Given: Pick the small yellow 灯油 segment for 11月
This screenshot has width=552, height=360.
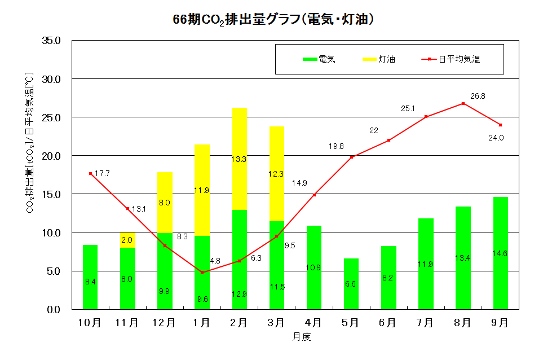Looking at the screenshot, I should click(127, 240).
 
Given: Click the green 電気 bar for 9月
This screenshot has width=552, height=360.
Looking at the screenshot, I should click(500, 254).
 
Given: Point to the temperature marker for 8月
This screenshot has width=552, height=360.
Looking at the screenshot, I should click(463, 103).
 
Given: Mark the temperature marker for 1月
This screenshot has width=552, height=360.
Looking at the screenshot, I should click(202, 272).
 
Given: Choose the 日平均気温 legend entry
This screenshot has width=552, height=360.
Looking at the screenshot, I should click(453, 59).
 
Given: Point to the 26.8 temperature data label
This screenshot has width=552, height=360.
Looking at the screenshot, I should click(478, 96).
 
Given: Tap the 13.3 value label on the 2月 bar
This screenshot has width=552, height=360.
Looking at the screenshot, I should click(239, 159).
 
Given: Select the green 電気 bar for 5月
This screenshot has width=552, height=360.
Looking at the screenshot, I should click(351, 284).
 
